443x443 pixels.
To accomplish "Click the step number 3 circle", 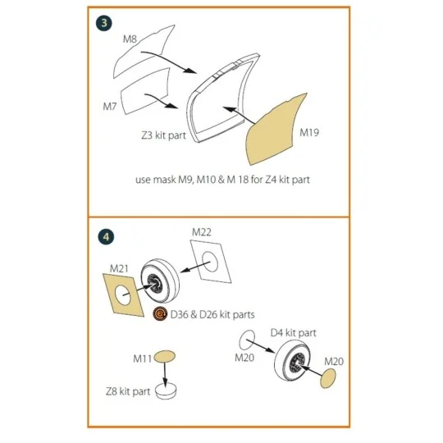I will [103, 24].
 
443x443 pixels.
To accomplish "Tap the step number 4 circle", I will [103, 237].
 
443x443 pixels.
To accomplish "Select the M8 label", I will [130, 39].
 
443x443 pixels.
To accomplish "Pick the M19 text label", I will [310, 131].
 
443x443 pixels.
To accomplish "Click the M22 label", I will [203, 232].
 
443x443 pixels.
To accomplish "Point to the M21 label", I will [121, 267].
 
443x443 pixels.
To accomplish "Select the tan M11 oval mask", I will [164, 355].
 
